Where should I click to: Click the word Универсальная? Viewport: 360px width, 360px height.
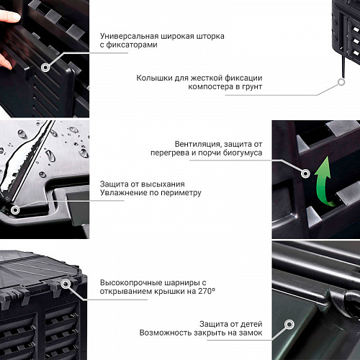tap(129, 36)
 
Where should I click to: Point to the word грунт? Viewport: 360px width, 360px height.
tap(251, 86)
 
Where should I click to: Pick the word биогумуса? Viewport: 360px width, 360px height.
tap(243, 153)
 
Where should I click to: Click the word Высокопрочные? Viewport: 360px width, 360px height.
tap(130, 283)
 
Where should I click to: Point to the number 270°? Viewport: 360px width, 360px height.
tap(207, 291)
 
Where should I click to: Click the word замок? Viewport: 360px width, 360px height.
tap(251, 333)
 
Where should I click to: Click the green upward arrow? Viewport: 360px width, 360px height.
tap(323, 182)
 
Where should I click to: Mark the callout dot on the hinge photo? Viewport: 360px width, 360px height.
tap(66, 284)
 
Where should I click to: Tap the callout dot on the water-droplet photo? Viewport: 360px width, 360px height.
tap(15, 210)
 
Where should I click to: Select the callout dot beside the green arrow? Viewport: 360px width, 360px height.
tap(305, 173)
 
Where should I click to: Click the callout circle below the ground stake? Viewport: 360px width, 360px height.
tap(341, 82)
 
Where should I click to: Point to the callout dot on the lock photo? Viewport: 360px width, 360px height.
tap(289, 324)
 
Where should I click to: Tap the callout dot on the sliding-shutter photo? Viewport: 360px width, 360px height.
tap(45, 68)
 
